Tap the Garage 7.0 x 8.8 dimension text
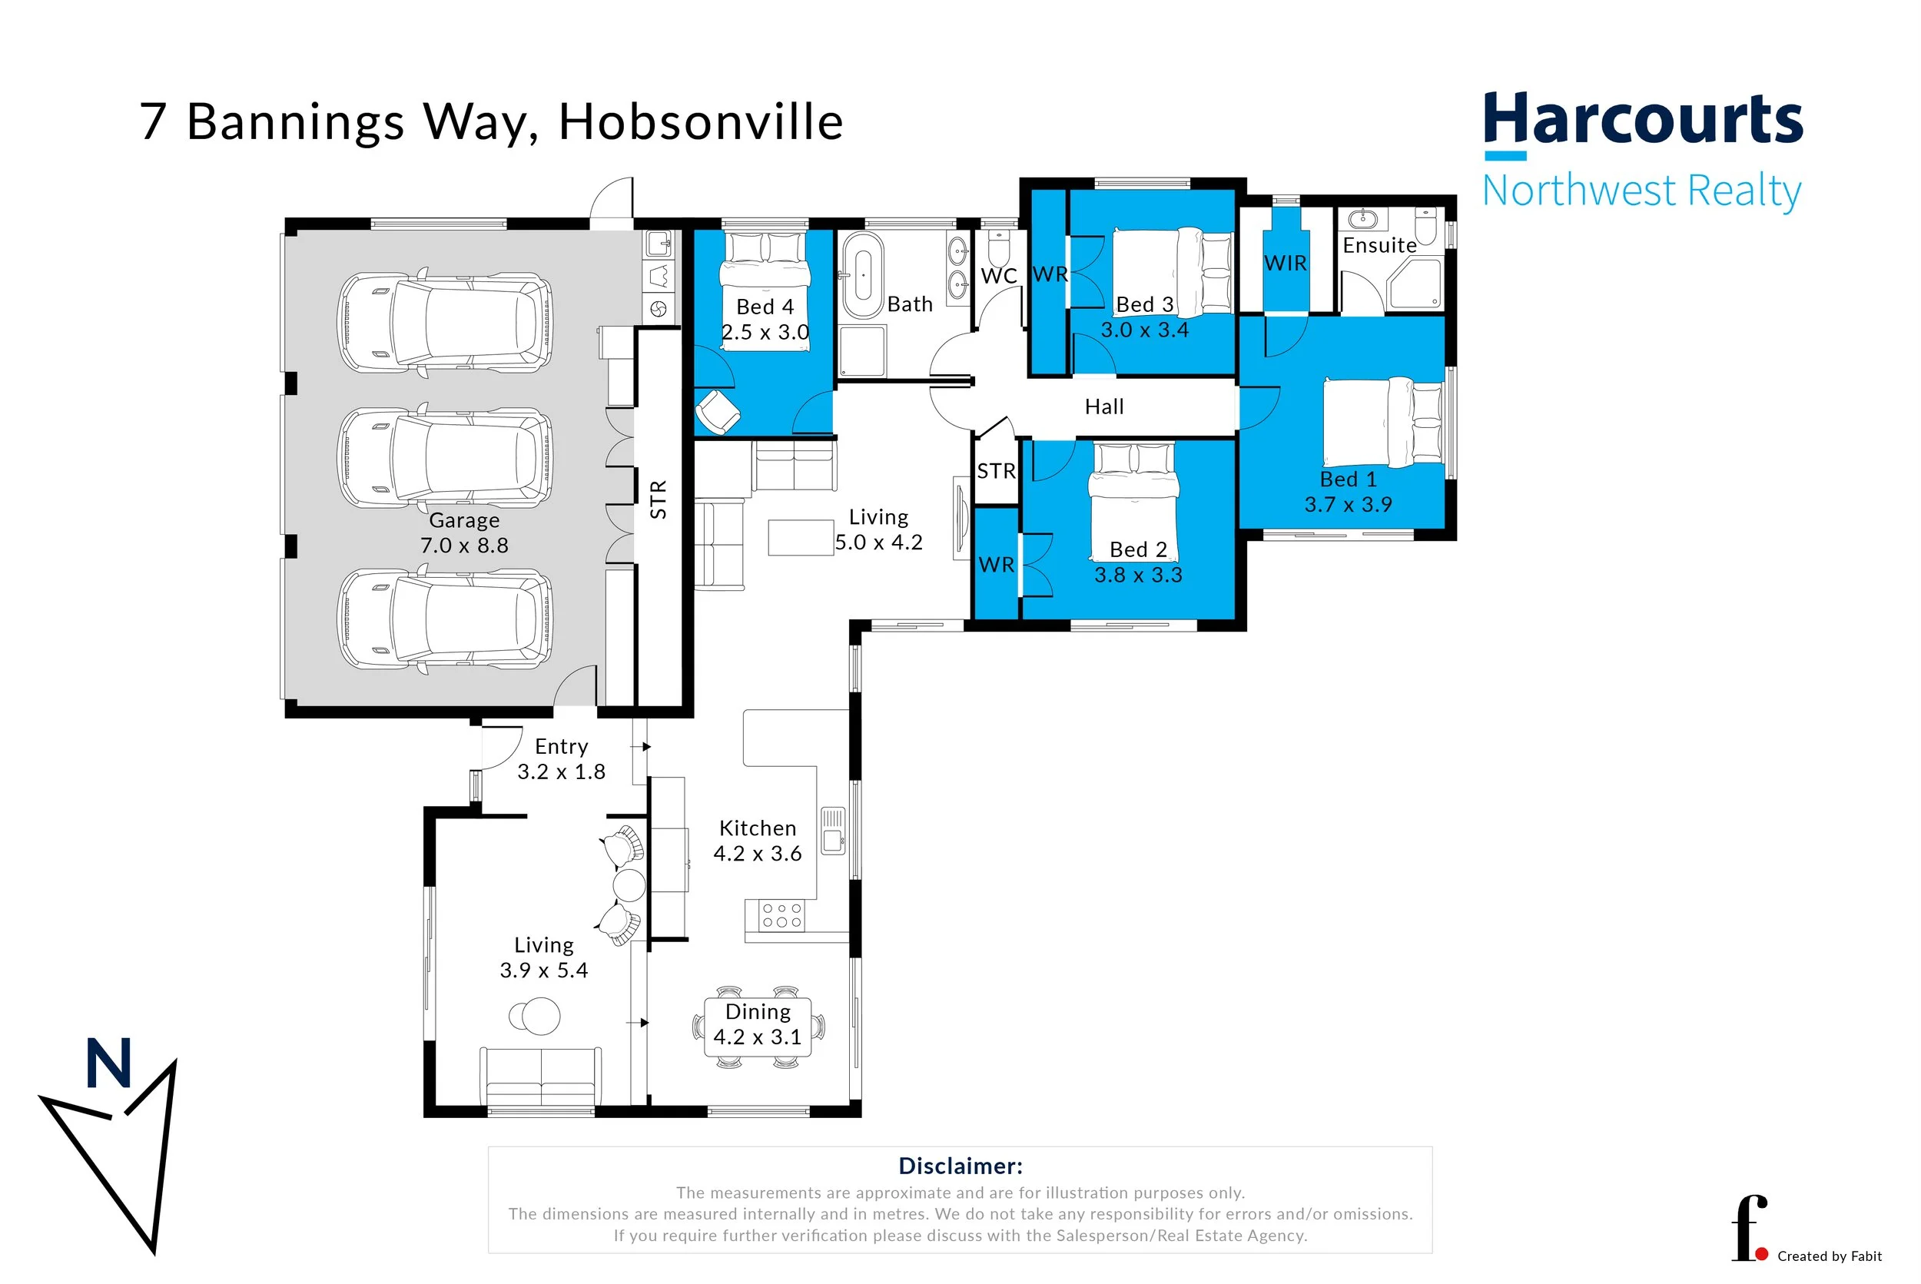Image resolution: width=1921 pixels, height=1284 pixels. tap(464, 546)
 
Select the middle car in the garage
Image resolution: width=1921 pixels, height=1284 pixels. tap(446, 457)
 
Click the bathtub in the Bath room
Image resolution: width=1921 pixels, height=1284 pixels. tap(862, 276)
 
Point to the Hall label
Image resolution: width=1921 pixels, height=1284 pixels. tap(1103, 407)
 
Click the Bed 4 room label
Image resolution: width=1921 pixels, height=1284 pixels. tap(765, 307)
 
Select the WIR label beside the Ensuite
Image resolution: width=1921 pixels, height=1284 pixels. tap(1285, 264)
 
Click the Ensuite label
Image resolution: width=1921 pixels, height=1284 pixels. tap(1379, 246)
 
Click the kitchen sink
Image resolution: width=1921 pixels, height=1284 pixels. tap(833, 830)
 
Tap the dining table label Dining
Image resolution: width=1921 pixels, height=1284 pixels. tap(758, 1012)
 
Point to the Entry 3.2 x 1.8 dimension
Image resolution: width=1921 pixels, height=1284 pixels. tap(561, 772)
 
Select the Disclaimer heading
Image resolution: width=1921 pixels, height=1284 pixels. tap(960, 1166)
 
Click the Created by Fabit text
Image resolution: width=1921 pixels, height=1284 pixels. tap(1830, 1256)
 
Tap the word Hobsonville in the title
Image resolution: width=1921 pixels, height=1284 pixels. tap(700, 123)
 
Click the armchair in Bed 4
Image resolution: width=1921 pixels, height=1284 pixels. tap(718, 411)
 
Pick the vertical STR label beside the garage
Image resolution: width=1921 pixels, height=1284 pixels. tap(659, 499)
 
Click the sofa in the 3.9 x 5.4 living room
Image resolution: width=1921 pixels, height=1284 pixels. tap(541, 1077)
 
